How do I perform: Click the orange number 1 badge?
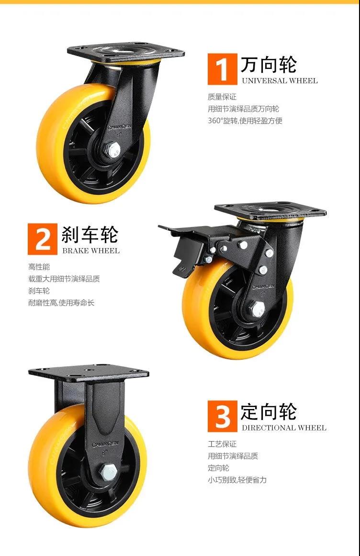pyautogui.click(x=222, y=69)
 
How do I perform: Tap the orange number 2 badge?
pyautogui.click(x=43, y=239)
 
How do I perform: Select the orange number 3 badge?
pyautogui.click(x=222, y=416)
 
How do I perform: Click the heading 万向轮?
pyautogui.click(x=269, y=65)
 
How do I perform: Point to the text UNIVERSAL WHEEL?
pyautogui.click(x=280, y=81)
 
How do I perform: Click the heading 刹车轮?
pyautogui.click(x=90, y=234)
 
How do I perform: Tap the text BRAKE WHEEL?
pyautogui.click(x=91, y=250)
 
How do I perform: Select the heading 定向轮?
pyautogui.click(x=269, y=412)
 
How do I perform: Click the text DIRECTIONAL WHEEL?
pyautogui.click(x=284, y=428)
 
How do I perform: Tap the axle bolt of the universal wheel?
pyautogui.click(x=114, y=150)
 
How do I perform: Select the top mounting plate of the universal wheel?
pyautogui.click(x=126, y=53)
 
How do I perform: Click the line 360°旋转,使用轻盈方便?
pyautogui.click(x=245, y=121)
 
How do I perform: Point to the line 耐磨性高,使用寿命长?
pyautogui.click(x=61, y=303)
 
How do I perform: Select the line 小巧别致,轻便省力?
pyautogui.click(x=237, y=480)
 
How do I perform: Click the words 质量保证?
pyautogui.click(x=222, y=97)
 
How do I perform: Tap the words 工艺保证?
pyautogui.click(x=222, y=444)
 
